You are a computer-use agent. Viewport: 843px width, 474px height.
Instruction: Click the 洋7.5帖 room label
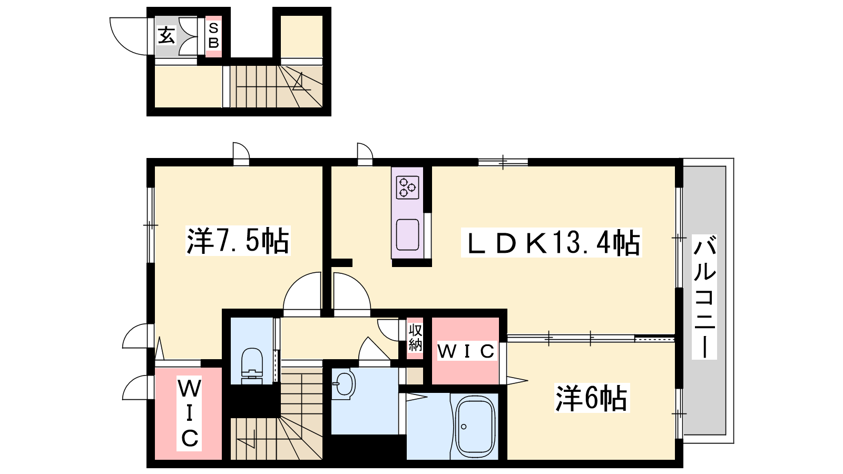click(x=238, y=241)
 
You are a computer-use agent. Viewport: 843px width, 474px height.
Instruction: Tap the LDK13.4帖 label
click(x=551, y=243)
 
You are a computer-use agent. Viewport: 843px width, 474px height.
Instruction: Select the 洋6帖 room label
click(x=592, y=398)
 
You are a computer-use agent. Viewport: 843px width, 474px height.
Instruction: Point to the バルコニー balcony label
click(x=704, y=297)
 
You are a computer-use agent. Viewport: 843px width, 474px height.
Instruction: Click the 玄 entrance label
click(x=166, y=36)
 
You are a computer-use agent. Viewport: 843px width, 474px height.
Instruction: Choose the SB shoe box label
click(x=213, y=35)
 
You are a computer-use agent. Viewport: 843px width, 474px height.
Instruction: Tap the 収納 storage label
click(x=415, y=338)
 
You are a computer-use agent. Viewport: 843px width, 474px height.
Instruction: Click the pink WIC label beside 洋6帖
click(x=466, y=351)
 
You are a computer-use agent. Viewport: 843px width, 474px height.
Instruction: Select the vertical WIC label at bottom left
click(x=189, y=413)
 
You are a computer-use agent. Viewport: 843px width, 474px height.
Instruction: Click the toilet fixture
click(x=252, y=365)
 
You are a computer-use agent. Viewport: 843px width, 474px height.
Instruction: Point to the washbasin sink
click(x=343, y=384)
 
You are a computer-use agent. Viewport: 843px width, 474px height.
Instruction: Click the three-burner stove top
click(x=408, y=187)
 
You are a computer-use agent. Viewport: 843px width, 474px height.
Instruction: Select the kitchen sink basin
click(x=408, y=235)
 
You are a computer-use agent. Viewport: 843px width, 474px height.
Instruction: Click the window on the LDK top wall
click(x=503, y=162)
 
